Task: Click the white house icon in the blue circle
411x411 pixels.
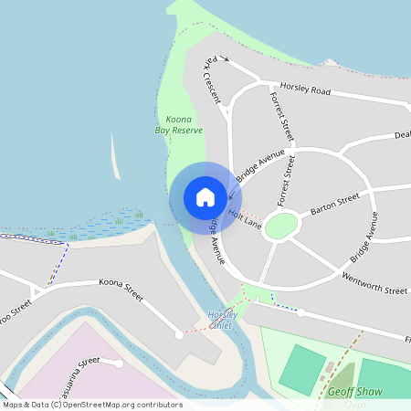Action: tap(205, 196)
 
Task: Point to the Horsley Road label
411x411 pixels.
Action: tap(305, 90)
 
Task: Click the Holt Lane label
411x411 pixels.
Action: tap(246, 218)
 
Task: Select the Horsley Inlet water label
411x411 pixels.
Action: tap(222, 320)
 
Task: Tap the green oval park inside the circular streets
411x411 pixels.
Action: tap(280, 226)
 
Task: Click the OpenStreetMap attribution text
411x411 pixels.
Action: tap(91, 405)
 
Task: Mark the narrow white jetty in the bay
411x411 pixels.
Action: tap(114, 157)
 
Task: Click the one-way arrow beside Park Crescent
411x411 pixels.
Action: tap(225, 61)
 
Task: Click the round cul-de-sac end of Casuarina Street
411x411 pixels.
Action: tap(120, 364)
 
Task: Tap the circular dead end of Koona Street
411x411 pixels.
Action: tap(179, 335)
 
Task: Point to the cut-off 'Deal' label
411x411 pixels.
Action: tap(401, 135)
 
